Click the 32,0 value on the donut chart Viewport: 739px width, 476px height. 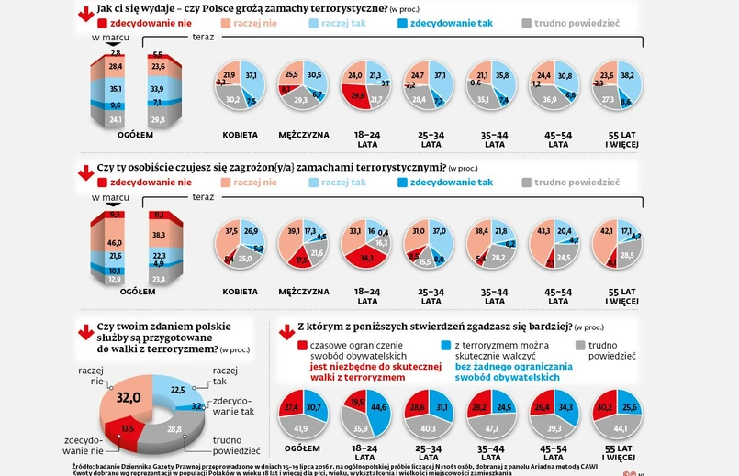click(x=128, y=397)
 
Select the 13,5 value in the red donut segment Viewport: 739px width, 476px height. click(x=128, y=427)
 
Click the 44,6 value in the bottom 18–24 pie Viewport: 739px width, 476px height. click(x=378, y=406)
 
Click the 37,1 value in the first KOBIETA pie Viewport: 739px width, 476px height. click(x=251, y=74)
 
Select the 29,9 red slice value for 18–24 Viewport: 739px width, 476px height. click(x=356, y=94)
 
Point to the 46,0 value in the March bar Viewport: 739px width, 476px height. click(x=116, y=242)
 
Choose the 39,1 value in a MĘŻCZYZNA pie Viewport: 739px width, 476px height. click(x=293, y=232)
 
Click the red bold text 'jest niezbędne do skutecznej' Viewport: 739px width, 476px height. click(x=353, y=365)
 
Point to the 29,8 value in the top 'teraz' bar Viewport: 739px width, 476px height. click(x=157, y=119)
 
